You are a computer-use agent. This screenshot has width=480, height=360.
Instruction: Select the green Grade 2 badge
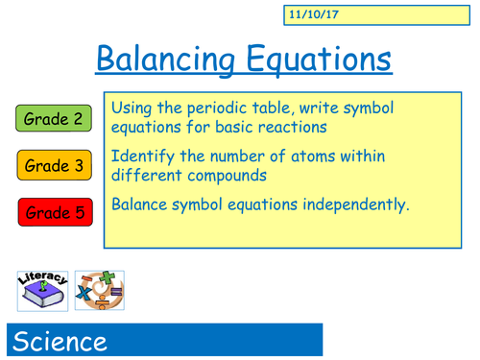click(x=54, y=119)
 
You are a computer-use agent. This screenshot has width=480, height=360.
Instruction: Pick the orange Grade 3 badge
click(x=54, y=166)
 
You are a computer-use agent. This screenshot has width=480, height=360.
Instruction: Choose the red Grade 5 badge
click(x=54, y=211)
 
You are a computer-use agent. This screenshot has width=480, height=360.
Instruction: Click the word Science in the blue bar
click(x=60, y=342)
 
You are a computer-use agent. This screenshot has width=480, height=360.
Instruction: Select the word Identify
click(x=143, y=154)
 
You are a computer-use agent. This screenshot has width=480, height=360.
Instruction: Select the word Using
click(x=133, y=106)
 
